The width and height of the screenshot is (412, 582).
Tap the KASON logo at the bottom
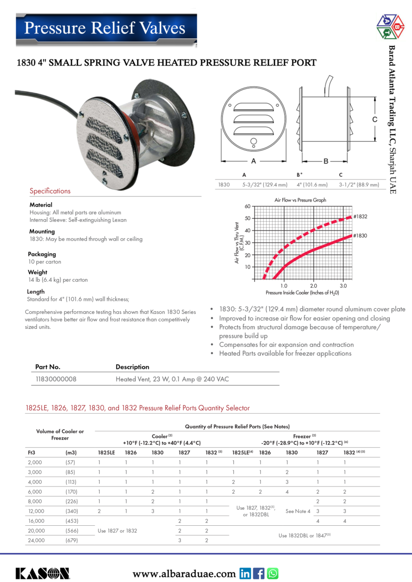click(x=42, y=573)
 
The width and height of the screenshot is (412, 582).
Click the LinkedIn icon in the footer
click(x=246, y=573)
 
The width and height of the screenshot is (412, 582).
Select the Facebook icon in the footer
click(x=259, y=573)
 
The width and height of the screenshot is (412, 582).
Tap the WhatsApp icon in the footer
click(x=273, y=573)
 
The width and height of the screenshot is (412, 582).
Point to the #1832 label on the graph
click(x=360, y=216)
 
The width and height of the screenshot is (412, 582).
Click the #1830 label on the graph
click(x=360, y=235)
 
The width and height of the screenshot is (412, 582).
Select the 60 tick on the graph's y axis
click(x=247, y=206)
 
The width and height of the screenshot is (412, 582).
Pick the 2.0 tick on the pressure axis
click(x=314, y=286)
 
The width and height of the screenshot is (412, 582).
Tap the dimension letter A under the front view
click(x=254, y=161)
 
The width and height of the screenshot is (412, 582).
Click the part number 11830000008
click(x=56, y=379)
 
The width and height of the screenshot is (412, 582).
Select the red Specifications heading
click(x=50, y=191)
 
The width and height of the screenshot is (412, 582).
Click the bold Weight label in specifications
click(x=37, y=272)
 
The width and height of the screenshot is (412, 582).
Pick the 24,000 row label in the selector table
click(x=35, y=540)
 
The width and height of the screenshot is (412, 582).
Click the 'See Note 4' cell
click(x=298, y=511)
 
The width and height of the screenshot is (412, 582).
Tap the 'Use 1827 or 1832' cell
click(x=118, y=531)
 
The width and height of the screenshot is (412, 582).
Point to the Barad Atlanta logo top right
click(x=391, y=27)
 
